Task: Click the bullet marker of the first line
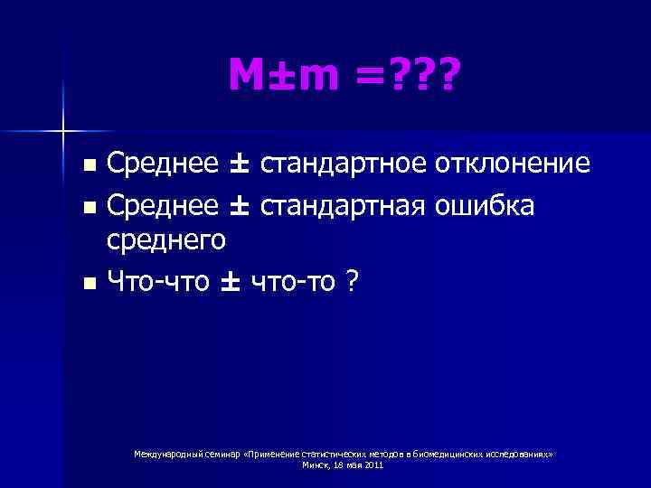[88, 166]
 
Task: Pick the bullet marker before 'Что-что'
[88, 284]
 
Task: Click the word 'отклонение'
[514, 164]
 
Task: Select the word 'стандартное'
[344, 164]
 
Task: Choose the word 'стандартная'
[344, 207]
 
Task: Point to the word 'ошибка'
[487, 207]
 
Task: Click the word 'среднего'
[167, 239]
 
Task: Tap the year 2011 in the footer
[372, 465]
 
